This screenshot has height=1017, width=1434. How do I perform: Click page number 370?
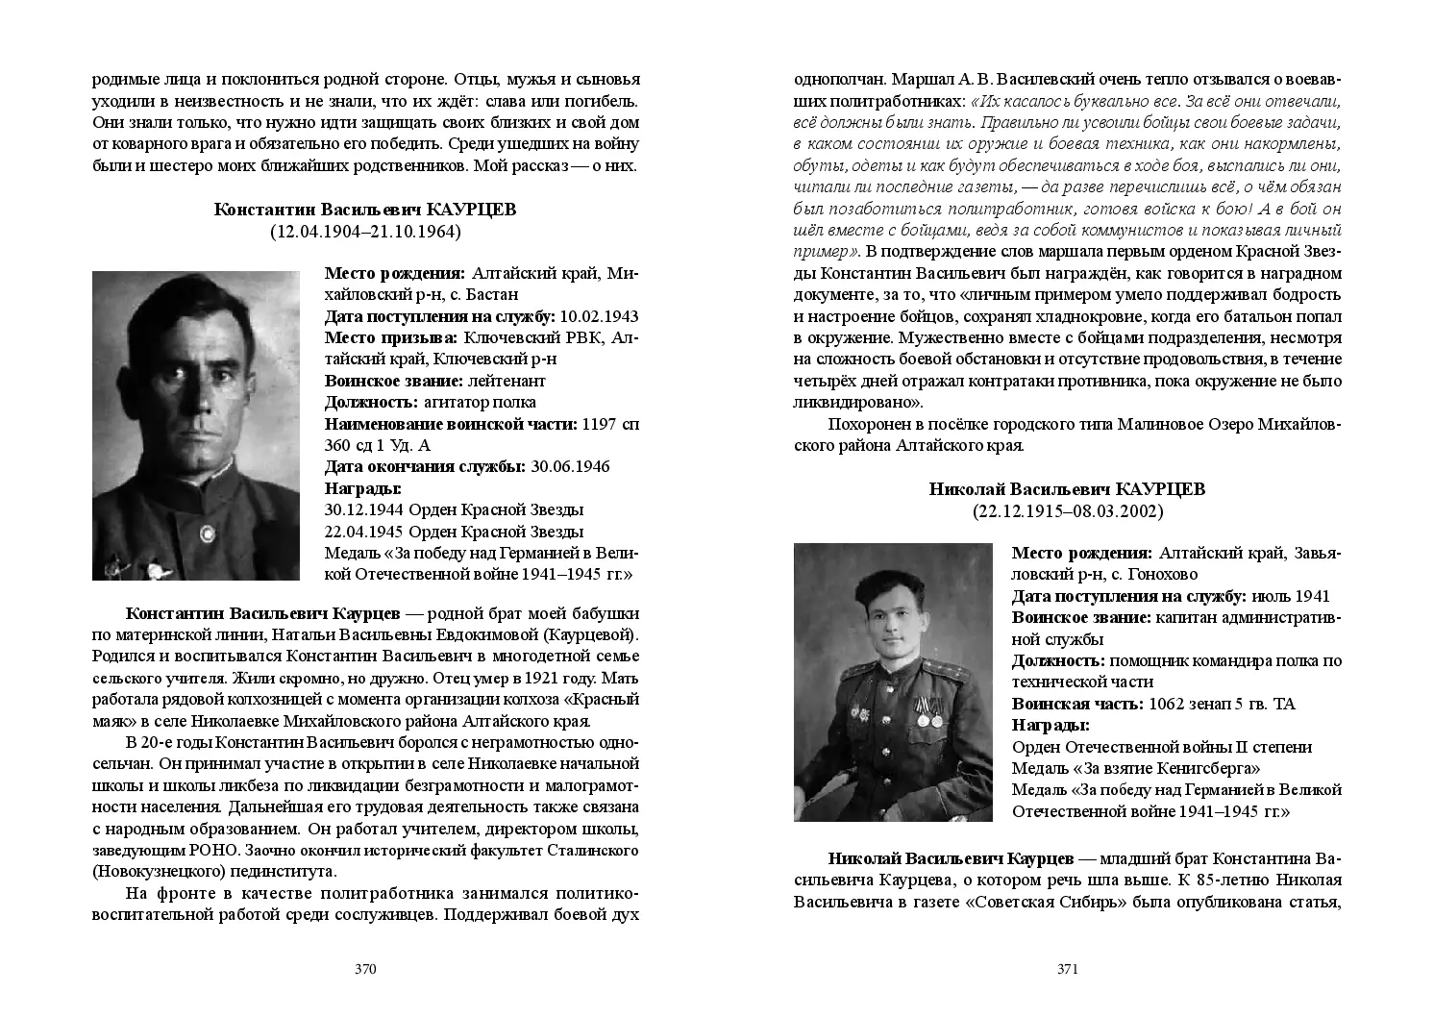(x=364, y=969)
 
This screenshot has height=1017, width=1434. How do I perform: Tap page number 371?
(x=1068, y=969)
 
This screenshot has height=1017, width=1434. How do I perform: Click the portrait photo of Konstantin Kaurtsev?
(x=196, y=425)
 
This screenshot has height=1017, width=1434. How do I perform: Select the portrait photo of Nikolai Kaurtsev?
(x=893, y=682)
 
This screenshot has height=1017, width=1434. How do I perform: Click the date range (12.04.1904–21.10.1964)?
(x=364, y=231)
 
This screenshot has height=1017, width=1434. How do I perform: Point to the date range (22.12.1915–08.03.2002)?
(x=1067, y=511)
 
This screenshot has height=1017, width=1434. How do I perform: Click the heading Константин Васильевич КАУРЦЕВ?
(x=364, y=210)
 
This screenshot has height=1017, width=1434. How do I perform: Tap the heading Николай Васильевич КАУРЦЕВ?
(x=1067, y=489)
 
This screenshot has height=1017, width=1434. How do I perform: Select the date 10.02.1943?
(x=599, y=316)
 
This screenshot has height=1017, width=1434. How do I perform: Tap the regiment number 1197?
(x=601, y=424)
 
